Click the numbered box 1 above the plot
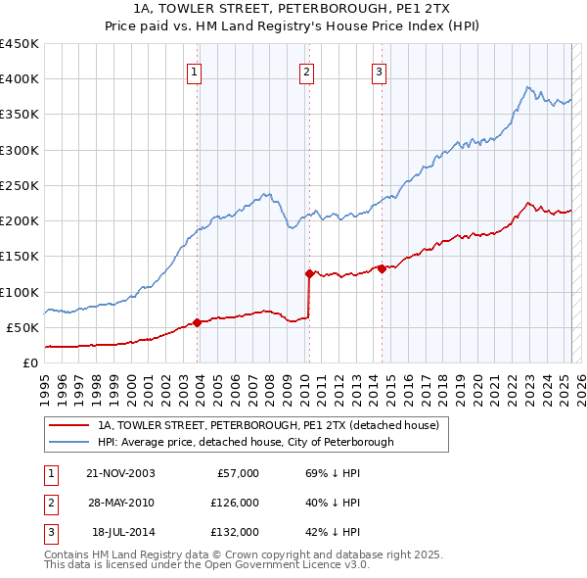[x=196, y=71]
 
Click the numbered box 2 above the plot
[x=307, y=71]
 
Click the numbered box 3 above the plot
[x=379, y=71]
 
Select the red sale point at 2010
[x=309, y=273]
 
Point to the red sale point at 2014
[x=382, y=268]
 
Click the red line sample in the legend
[x=68, y=425]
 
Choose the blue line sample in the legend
[x=68, y=442]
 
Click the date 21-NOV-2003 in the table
[x=120, y=473]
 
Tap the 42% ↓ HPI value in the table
[x=334, y=532]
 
